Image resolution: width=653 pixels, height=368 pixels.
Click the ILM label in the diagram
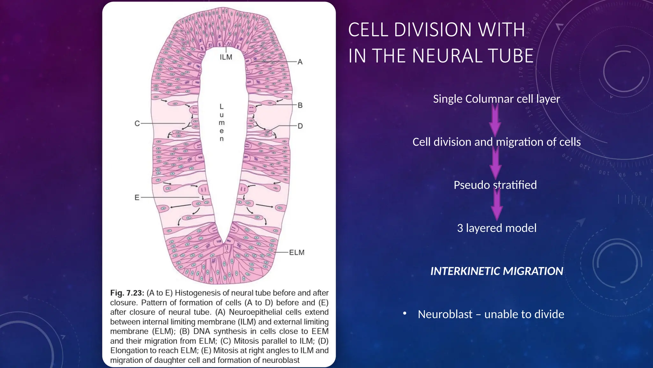pos(226,57)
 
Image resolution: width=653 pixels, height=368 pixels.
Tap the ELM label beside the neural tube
pos(297,252)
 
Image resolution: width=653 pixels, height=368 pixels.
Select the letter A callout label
pos(300,62)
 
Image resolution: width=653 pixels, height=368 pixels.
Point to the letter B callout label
pos(300,105)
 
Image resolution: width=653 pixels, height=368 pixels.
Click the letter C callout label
pos(137,123)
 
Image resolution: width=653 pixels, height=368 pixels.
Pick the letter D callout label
pos(300,126)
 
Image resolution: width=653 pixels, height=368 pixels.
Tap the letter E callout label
pos(137,197)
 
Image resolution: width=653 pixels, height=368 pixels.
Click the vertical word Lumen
pos(222,122)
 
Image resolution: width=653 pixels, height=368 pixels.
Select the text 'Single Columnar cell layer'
pos(496,99)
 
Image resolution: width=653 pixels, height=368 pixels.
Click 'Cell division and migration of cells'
pos(496,142)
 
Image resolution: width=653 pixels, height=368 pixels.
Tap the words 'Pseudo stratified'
pos(495,185)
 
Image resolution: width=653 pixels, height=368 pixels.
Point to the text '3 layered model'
pos(496,228)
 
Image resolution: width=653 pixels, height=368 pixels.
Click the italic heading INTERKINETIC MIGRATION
pos(496,271)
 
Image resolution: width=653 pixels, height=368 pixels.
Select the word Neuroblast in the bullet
pos(445,314)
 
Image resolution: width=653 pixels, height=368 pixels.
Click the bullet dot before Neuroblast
pos(405,314)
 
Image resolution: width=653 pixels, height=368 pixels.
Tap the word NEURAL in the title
pos(452,56)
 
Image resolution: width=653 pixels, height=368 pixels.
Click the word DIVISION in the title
pos(432,30)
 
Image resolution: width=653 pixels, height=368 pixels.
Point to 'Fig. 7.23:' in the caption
pos(127,293)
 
